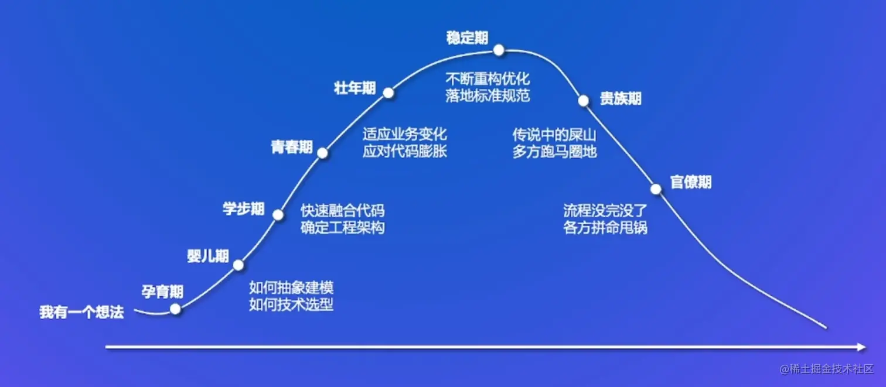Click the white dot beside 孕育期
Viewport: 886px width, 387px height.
(x=175, y=309)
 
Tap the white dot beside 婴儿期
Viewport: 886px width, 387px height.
(x=238, y=265)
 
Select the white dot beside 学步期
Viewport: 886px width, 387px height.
(x=278, y=214)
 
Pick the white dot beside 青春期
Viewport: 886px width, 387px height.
(x=322, y=153)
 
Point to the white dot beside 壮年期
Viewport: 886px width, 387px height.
(x=388, y=93)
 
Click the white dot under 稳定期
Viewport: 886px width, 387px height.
(x=499, y=50)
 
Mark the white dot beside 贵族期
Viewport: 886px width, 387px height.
(x=584, y=101)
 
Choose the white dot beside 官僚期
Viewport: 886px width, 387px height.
(x=656, y=189)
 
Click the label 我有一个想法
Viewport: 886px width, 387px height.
(x=81, y=312)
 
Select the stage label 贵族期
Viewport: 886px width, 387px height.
(x=620, y=98)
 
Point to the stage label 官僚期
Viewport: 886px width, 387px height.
(x=691, y=182)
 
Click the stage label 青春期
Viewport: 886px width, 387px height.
(x=291, y=147)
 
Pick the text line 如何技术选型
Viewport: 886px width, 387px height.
(x=291, y=304)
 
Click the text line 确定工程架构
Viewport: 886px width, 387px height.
(x=343, y=227)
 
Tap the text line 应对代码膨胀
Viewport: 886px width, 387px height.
(x=405, y=151)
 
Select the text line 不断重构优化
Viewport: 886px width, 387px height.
(x=488, y=78)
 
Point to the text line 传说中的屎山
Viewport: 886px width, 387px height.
(x=554, y=135)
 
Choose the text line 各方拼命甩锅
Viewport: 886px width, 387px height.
(x=605, y=227)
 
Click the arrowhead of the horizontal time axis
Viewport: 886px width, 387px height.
(x=861, y=347)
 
